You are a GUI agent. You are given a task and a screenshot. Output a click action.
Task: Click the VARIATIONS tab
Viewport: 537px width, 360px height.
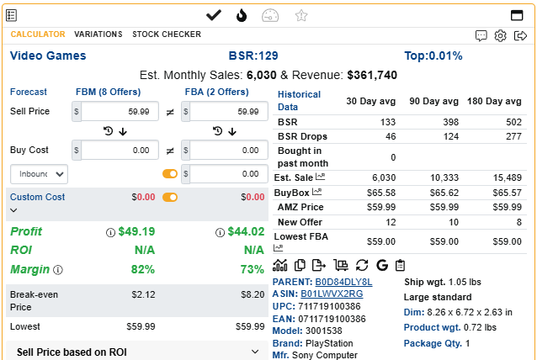click(x=98, y=34)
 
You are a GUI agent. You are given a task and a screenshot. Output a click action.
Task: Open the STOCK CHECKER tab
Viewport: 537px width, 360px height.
click(x=167, y=34)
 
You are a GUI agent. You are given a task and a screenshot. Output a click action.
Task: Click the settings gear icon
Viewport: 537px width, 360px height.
click(x=500, y=35)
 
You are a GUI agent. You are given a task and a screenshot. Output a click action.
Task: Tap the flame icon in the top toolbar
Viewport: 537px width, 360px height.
click(x=242, y=15)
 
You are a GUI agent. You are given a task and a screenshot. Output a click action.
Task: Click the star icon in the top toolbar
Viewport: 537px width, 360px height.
click(x=301, y=15)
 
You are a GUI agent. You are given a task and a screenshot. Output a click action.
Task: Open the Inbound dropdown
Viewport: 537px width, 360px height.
click(x=39, y=174)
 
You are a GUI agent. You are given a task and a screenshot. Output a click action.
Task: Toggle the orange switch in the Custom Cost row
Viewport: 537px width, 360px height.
click(x=170, y=197)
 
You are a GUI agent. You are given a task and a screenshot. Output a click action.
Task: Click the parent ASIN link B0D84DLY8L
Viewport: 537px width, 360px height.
click(x=343, y=282)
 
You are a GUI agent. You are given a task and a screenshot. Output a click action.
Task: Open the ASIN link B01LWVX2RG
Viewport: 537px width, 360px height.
click(x=332, y=294)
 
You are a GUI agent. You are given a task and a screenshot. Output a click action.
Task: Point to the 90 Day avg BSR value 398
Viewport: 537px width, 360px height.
click(x=450, y=122)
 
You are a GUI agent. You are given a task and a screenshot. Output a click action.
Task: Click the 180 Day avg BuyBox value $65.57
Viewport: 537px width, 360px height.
click(x=507, y=193)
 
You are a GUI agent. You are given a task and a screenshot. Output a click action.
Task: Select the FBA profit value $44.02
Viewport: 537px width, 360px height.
click(x=246, y=231)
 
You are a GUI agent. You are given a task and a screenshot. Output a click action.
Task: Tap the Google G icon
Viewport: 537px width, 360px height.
click(x=382, y=265)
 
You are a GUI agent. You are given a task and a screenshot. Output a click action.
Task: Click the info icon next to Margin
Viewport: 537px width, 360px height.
click(x=58, y=270)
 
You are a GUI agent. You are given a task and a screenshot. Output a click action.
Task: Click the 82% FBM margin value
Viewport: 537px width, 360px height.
click(x=143, y=269)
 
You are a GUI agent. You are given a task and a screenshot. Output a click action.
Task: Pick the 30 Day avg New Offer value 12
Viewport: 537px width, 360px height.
click(x=391, y=222)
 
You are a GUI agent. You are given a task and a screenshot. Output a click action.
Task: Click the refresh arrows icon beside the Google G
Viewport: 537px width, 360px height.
click(x=362, y=265)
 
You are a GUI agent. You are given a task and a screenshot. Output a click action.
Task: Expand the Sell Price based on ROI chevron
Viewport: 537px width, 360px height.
click(x=255, y=352)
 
